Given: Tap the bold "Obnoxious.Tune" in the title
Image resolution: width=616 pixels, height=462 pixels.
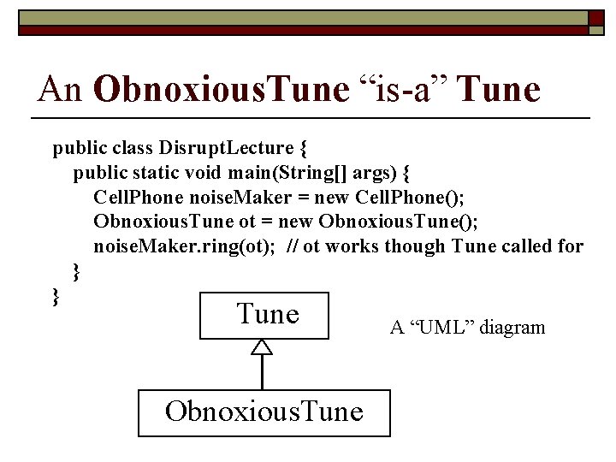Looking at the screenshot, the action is (222, 88).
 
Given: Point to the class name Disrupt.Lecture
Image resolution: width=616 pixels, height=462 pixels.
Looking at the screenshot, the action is (222, 148).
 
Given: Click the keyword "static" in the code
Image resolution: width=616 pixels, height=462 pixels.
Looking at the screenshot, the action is (158, 173).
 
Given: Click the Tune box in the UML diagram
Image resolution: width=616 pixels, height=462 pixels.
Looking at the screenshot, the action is (265, 315).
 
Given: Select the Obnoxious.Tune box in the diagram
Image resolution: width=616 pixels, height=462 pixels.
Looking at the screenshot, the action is (264, 412).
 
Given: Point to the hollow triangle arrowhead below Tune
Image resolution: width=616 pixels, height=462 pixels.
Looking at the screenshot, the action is (263, 346).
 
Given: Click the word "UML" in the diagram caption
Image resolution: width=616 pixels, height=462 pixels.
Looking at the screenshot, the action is (441, 327).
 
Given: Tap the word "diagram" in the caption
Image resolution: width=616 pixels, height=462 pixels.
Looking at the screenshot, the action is (512, 327).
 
